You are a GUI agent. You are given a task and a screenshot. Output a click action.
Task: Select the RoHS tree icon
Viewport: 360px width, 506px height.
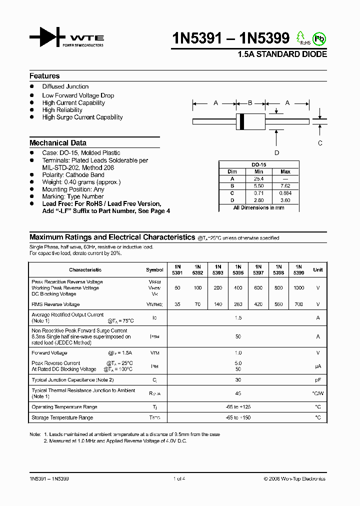click(301, 37)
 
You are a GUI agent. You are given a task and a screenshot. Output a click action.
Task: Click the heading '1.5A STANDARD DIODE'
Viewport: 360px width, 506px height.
click(282, 54)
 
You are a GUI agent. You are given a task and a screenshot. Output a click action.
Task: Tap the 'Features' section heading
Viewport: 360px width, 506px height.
click(44, 76)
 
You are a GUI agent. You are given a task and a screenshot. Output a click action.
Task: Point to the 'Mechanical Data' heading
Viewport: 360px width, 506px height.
click(58, 142)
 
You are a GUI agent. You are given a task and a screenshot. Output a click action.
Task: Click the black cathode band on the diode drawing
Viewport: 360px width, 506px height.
click(242, 120)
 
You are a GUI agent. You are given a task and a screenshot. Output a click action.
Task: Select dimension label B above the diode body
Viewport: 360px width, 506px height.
click(250, 103)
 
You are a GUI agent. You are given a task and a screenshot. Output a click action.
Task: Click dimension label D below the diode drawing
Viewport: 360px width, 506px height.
click(276, 153)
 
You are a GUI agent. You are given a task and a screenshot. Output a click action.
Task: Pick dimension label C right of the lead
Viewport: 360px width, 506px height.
click(320, 143)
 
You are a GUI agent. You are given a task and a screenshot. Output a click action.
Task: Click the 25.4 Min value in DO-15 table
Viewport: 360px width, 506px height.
click(258, 178)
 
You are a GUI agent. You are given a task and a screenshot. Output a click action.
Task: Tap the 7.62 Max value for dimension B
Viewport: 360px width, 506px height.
click(285, 185)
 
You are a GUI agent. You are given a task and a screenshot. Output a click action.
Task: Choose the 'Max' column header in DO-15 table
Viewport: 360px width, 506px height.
click(285, 171)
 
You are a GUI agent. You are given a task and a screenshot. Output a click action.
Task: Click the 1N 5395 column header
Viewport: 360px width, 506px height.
click(238, 270)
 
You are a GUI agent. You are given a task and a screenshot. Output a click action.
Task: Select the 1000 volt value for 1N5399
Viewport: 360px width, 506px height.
click(298, 288)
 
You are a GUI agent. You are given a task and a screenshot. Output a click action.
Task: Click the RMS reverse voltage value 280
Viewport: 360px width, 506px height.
click(238, 304)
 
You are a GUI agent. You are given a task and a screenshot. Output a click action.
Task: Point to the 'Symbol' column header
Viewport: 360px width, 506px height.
click(154, 270)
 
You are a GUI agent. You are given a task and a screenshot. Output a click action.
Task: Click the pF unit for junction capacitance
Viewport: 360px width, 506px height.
click(317, 380)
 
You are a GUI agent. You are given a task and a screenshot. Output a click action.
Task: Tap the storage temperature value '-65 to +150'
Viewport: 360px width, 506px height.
click(238, 417)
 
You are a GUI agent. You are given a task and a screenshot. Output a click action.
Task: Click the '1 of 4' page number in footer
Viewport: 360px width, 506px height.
click(179, 479)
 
